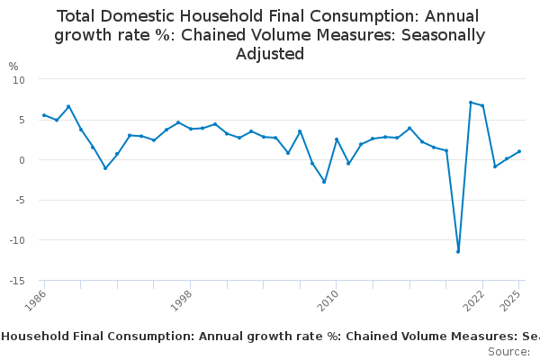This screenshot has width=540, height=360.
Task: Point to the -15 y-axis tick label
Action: tap(17, 281)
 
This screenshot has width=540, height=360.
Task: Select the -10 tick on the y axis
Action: tap(17, 240)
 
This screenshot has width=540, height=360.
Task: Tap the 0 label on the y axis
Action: tap(22, 160)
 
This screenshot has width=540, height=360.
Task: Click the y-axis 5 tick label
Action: tap(22, 120)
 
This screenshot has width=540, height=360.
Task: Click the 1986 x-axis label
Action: tap(35, 300)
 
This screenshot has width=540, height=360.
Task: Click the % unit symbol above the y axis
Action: tap(13, 66)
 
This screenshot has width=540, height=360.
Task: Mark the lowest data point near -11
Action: tap(458, 251)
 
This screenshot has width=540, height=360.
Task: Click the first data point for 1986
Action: tap(44, 115)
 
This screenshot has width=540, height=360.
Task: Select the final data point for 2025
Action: tap(519, 151)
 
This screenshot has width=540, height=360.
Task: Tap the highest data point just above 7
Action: tap(471, 103)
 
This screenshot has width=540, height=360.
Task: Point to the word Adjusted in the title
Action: tap(270, 54)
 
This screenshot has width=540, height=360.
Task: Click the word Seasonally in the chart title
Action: tap(438, 35)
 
